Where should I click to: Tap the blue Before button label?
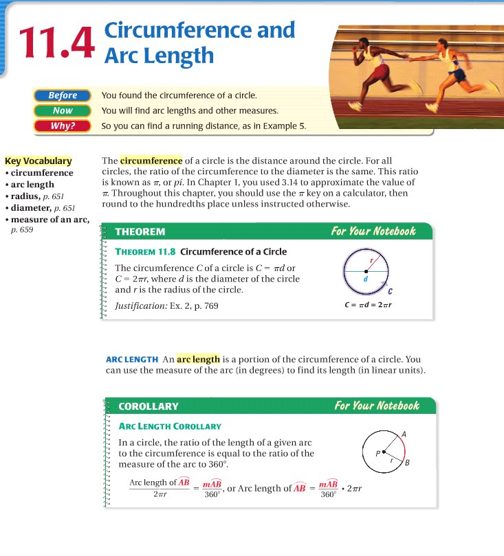(x=63, y=95)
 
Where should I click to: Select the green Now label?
(x=63, y=111)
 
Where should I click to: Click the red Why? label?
(x=63, y=126)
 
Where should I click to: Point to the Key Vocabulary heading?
(x=39, y=161)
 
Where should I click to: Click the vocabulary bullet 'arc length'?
(x=32, y=185)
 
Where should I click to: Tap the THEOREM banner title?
(x=140, y=232)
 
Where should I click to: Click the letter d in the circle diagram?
(x=365, y=279)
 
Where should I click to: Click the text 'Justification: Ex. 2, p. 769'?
(x=167, y=305)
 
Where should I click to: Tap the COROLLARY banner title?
(x=149, y=406)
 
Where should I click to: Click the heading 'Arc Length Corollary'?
(x=170, y=426)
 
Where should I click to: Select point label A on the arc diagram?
(x=404, y=434)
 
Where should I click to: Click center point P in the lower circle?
(x=383, y=452)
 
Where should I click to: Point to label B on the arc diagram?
(x=408, y=463)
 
